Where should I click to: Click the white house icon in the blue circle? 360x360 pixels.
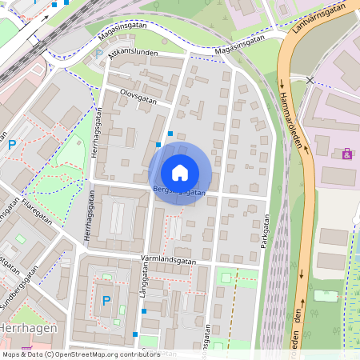coord(180,172)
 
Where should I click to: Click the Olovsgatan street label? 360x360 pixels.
coord(136,94)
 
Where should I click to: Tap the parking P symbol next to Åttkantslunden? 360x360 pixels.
coord(99,54)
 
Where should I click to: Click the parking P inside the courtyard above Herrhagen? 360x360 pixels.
coord(106,301)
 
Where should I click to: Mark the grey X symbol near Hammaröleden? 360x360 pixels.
coord(310,80)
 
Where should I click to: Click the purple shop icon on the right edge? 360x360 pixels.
coord(346,154)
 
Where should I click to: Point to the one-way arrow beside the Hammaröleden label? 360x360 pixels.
coord(282,84)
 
